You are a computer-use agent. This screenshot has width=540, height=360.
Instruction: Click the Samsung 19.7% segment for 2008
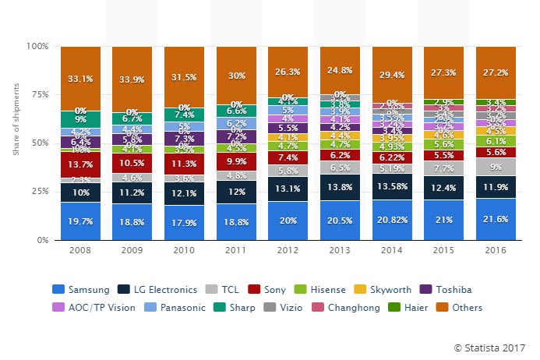click(80, 221)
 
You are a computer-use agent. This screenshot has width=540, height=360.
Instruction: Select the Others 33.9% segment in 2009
click(132, 79)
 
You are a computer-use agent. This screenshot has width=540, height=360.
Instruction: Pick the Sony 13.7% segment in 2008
click(80, 165)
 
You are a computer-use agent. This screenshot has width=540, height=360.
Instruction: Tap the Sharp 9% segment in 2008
click(80, 119)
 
